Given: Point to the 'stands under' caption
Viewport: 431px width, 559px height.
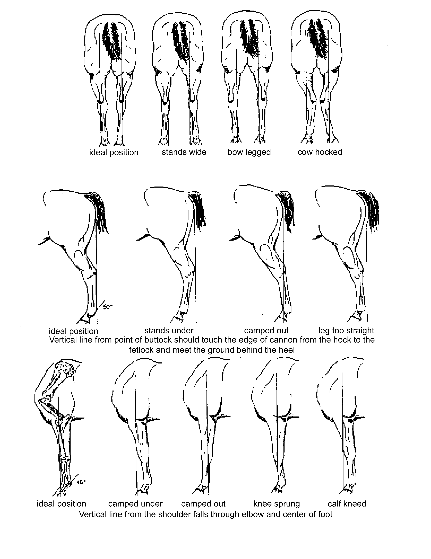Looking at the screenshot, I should pos(169,330).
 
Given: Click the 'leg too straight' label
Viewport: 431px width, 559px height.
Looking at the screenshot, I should pos(346,330).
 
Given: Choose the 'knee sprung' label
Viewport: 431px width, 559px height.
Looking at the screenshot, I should pos(276,504).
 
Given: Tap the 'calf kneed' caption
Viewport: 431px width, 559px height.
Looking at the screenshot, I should pos(347,504).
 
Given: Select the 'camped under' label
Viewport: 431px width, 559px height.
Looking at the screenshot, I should pos(135,504).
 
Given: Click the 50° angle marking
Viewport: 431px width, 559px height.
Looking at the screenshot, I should pos(107,307).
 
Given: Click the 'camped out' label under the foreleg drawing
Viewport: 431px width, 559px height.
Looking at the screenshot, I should pos(203,504).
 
